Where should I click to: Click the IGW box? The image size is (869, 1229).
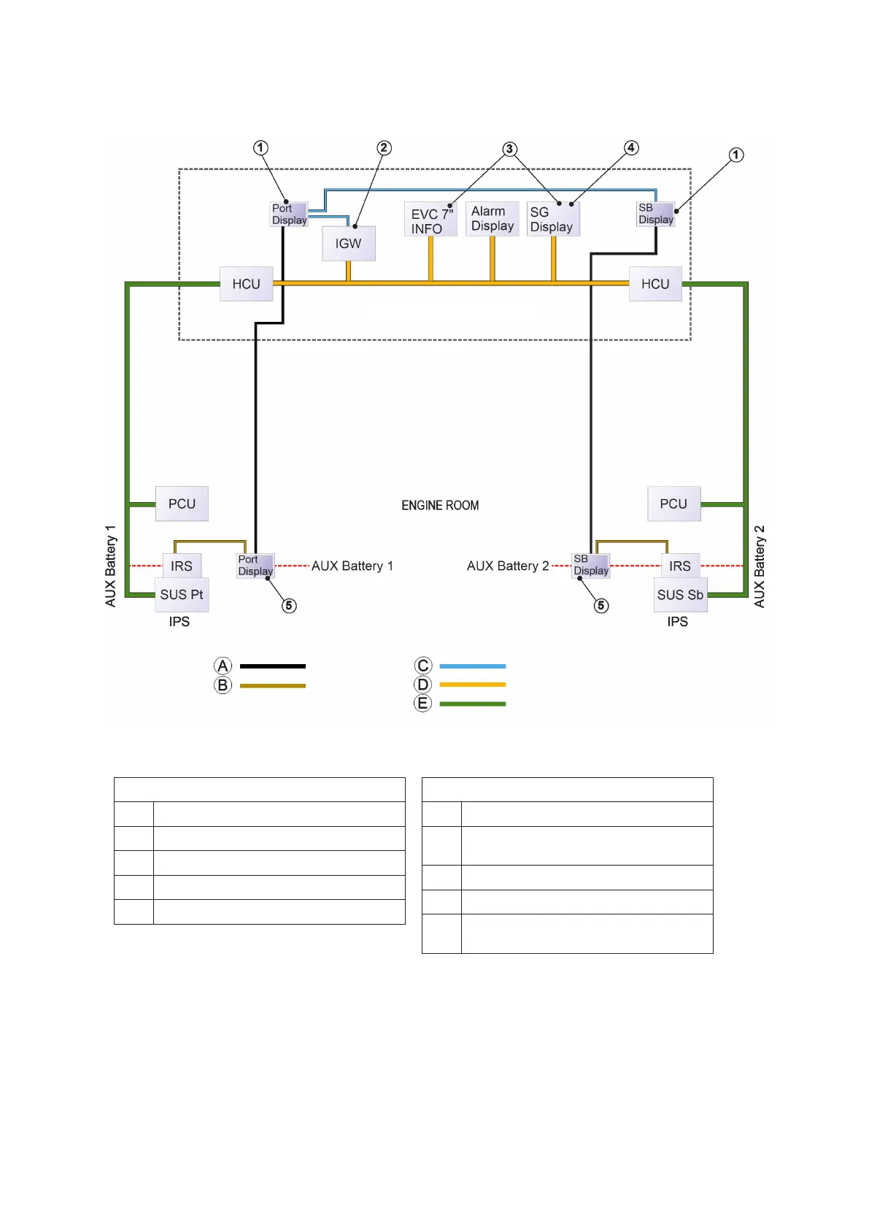click(x=349, y=244)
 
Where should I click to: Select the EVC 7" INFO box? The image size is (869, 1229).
click(x=430, y=220)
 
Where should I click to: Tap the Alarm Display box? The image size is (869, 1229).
click(x=493, y=219)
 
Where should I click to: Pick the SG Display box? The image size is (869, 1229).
click(x=552, y=219)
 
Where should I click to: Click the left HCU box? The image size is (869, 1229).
click(x=246, y=284)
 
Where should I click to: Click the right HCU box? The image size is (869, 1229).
click(x=655, y=284)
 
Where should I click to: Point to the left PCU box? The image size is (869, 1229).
click(x=182, y=504)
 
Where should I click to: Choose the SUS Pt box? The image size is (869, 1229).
click(x=182, y=595)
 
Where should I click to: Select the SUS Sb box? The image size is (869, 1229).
click(x=680, y=595)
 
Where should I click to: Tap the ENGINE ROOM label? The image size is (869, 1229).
click(x=440, y=505)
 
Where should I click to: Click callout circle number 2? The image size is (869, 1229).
click(x=384, y=148)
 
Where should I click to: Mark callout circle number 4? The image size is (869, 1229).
click(x=631, y=148)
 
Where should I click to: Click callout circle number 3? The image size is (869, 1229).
click(x=509, y=149)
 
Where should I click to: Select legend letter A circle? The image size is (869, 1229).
click(x=223, y=666)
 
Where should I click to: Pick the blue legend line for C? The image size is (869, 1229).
click(x=472, y=666)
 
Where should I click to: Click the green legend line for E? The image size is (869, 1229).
click(x=472, y=704)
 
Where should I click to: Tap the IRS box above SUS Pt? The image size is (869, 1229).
click(x=182, y=566)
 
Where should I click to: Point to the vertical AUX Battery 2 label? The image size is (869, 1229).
click(x=760, y=566)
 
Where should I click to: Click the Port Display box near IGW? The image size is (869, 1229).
click(x=289, y=214)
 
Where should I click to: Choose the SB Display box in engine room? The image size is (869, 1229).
click(x=590, y=565)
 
